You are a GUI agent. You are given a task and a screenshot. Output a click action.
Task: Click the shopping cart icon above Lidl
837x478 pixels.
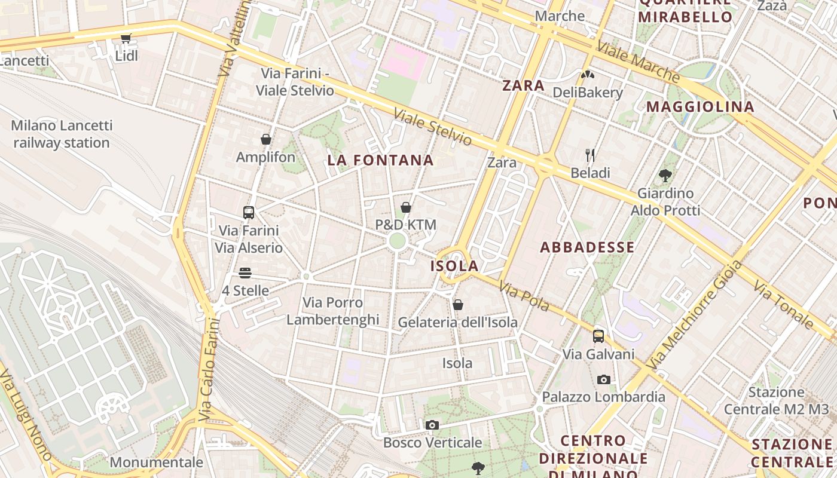pos(126,39)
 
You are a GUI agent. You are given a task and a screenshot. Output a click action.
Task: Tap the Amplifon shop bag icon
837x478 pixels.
pos(266,140)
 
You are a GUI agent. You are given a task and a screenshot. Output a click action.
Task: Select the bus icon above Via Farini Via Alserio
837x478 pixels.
pos(249,212)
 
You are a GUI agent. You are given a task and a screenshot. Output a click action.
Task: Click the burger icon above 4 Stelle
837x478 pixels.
pos(245,273)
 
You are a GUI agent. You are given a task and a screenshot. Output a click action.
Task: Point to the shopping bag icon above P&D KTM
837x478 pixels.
pos(406,207)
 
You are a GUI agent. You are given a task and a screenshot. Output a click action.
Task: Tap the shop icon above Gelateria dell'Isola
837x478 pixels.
pos(458,305)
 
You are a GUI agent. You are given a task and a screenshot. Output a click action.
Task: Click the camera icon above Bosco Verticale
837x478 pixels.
pos(432,425)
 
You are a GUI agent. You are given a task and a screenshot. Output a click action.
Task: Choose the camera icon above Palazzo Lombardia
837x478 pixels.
pos(604,379)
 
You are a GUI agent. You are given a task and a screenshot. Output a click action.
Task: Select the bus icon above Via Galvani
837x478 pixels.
pos(598,336)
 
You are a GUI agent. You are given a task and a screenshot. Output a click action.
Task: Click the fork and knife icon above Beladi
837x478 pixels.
pos(590,155)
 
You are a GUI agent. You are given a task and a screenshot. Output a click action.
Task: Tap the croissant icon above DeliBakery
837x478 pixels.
pos(588,75)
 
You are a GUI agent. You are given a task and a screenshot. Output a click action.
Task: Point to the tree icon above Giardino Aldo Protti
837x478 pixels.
pos(665,176)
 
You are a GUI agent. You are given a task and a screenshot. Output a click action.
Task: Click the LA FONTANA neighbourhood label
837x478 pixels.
pos(380,160)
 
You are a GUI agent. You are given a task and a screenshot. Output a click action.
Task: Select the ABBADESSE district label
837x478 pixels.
pos(587,247)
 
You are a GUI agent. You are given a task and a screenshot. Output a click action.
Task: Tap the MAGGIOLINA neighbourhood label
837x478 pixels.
pos(700,107)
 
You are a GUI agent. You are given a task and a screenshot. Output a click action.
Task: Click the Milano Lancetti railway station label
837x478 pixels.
pos(62,134)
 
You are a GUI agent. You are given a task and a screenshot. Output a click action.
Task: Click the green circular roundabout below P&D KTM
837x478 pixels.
pos(397,241)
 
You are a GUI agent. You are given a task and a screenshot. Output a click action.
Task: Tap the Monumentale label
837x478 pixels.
pos(157,462)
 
